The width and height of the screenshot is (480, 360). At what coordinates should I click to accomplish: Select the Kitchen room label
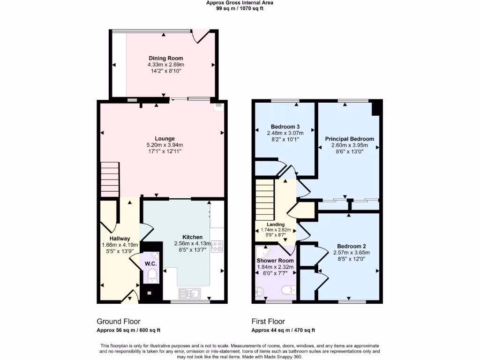tap(193, 237)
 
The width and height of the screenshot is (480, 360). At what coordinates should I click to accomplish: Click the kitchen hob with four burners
tap(217, 247)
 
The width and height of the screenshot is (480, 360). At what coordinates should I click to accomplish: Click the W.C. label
tap(150, 264)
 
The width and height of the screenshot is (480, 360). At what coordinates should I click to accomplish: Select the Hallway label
tap(120, 239)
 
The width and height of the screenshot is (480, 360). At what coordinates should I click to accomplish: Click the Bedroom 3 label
tap(285, 127)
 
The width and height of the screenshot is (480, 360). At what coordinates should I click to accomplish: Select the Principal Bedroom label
tap(350, 139)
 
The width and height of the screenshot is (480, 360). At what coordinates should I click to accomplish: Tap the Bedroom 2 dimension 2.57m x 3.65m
tap(351, 252)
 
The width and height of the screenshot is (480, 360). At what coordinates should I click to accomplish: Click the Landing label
tap(276, 225)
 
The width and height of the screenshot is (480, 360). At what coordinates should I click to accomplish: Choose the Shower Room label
tap(275, 261)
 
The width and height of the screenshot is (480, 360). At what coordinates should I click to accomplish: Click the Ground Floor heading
tap(119, 322)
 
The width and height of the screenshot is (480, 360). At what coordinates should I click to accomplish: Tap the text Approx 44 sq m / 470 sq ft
tap(283, 330)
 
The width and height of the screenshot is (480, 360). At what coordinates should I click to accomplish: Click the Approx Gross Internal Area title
tap(240, 3)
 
